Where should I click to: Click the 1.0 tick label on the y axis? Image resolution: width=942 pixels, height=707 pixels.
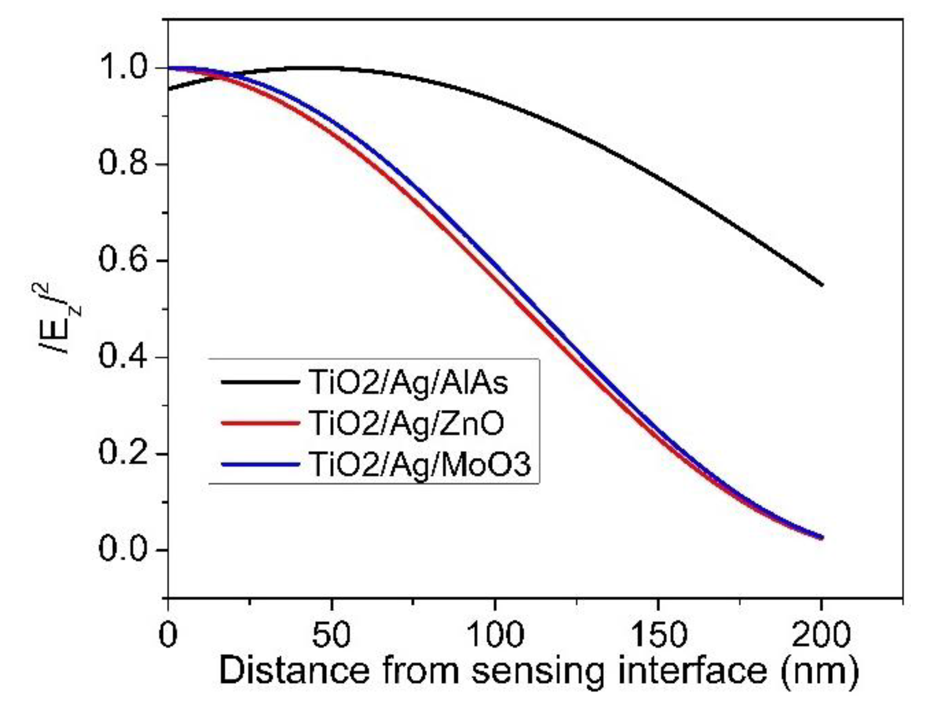(123, 68)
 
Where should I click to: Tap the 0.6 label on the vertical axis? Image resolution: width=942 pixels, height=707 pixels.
(123, 260)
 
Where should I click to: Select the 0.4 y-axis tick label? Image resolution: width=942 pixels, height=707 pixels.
(123, 357)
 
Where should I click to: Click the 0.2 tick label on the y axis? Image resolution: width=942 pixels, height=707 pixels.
(123, 453)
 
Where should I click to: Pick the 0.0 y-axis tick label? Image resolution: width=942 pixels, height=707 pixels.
(123, 549)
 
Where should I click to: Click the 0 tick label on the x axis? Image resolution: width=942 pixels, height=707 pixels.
(168, 635)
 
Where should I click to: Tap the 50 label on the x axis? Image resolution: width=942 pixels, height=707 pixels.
(331, 635)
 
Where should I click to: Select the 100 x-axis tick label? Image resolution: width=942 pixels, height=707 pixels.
(494, 635)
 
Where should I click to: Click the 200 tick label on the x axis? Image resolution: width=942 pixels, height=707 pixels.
(821, 635)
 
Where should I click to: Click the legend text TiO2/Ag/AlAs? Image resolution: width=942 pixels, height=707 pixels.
(408, 383)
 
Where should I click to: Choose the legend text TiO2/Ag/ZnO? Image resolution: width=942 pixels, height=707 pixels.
(406, 424)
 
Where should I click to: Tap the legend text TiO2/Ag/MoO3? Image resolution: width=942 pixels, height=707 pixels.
(419, 464)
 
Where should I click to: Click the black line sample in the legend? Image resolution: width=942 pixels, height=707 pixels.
(259, 383)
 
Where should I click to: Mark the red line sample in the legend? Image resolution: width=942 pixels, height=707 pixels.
(259, 423)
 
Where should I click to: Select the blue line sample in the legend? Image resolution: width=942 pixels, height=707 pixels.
(259, 464)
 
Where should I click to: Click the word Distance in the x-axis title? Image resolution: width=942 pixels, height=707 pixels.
(293, 670)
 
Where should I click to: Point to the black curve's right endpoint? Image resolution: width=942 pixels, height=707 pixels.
(821, 285)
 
